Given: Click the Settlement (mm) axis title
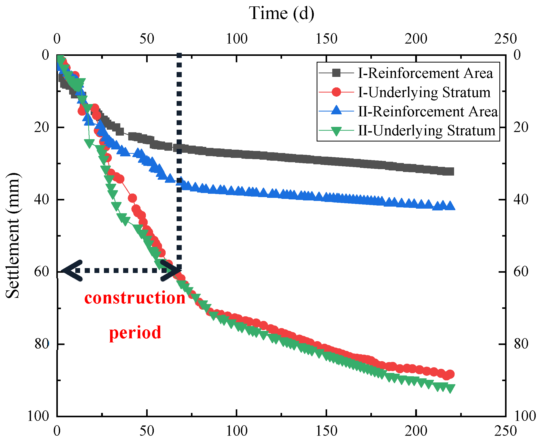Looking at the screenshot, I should [12, 236].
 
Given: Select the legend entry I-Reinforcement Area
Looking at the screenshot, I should [425, 73].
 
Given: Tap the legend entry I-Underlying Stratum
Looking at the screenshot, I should [424, 92].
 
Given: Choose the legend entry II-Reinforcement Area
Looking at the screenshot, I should [428, 111].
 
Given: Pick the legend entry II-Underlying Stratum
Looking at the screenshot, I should [426, 130].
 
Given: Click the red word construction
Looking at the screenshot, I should [135, 298].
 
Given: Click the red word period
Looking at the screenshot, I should [135, 332].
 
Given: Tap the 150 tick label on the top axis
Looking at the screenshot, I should [326, 39].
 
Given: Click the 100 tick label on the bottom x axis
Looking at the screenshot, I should [236, 431].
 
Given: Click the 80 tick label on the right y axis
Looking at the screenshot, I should [521, 344].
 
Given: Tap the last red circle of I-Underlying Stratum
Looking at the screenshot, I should [450, 374].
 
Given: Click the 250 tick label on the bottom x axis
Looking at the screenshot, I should [505, 431].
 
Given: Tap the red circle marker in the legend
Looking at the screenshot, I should [336, 92].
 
